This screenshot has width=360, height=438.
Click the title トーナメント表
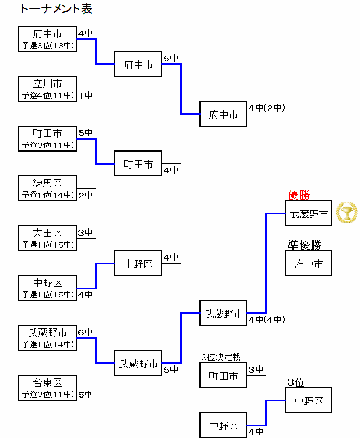[x=56, y=9]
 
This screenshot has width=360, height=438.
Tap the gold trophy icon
[x=346, y=213]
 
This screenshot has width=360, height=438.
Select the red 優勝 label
[x=299, y=196]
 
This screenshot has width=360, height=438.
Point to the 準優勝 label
[x=304, y=245]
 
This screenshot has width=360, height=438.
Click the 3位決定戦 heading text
[x=220, y=357]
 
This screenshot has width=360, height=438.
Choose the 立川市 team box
[x=47, y=89]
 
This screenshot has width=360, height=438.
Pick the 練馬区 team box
[x=47, y=188]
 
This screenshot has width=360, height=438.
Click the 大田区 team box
[x=47, y=238]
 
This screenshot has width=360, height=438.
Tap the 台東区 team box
[x=47, y=388]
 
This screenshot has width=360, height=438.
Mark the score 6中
[x=85, y=332]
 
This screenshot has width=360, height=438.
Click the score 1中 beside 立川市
[x=86, y=95]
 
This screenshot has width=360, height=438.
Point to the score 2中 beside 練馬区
[x=86, y=195]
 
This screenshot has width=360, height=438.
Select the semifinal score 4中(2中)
[x=266, y=108]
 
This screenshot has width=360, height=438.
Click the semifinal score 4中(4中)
[x=266, y=320]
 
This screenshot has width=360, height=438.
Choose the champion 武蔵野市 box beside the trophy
[x=309, y=214]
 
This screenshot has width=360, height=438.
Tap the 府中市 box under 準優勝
[x=309, y=264]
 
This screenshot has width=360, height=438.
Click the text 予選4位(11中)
[x=47, y=95]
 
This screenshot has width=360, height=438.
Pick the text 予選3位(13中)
[x=47, y=46]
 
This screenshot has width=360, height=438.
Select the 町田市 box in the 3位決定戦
[x=223, y=376]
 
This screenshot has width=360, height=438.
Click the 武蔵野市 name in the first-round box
[x=47, y=333]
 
